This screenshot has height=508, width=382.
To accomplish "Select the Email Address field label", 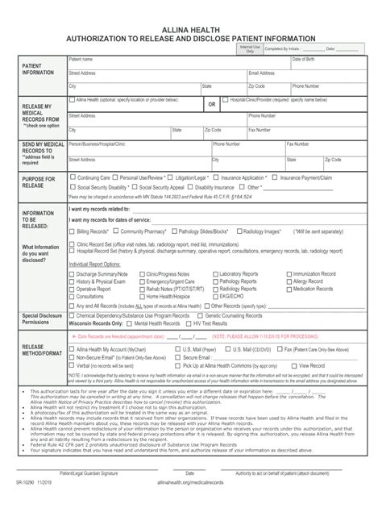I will pos(264,73).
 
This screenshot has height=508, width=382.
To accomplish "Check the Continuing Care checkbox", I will pos(73,177).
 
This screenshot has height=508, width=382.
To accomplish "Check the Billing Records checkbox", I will pos(73,231).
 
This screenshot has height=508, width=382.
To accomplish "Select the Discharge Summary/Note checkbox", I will pos(73,274).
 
